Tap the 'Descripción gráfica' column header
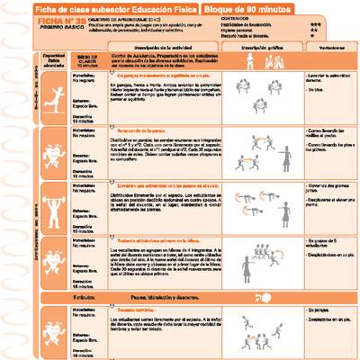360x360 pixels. tap(265, 48)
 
